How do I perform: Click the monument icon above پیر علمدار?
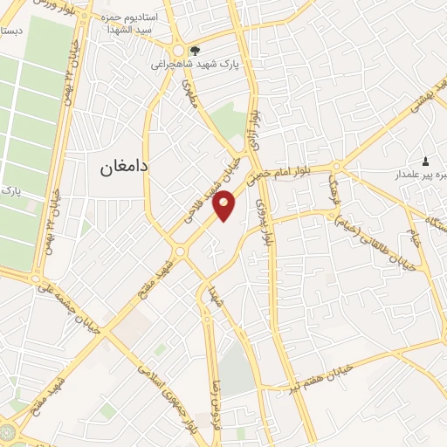pyautogui.click(x=426, y=161)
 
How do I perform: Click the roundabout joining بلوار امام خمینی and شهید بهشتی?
pyautogui.click(x=337, y=166)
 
